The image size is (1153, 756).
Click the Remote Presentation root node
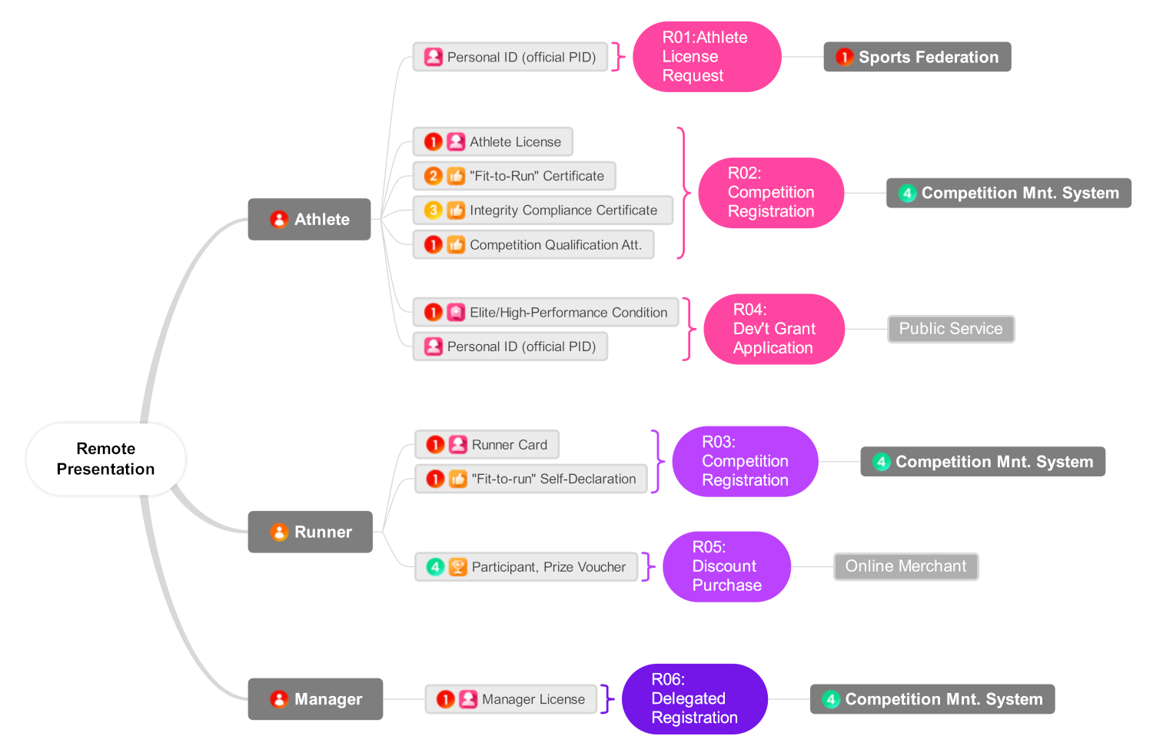105,459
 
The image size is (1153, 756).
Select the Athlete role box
309,219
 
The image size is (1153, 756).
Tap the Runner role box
310,532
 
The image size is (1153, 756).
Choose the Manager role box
315,699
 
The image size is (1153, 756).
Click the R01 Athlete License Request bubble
706,57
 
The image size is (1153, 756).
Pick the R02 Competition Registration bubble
770,193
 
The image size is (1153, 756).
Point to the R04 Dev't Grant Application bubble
773,329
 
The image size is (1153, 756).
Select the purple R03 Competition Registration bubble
744,461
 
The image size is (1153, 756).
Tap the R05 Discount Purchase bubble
726,566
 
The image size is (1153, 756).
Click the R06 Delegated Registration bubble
694,698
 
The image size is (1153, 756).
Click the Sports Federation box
917,57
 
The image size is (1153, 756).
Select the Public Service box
951,329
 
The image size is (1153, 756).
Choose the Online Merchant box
905,566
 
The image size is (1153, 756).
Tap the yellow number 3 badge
434,211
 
